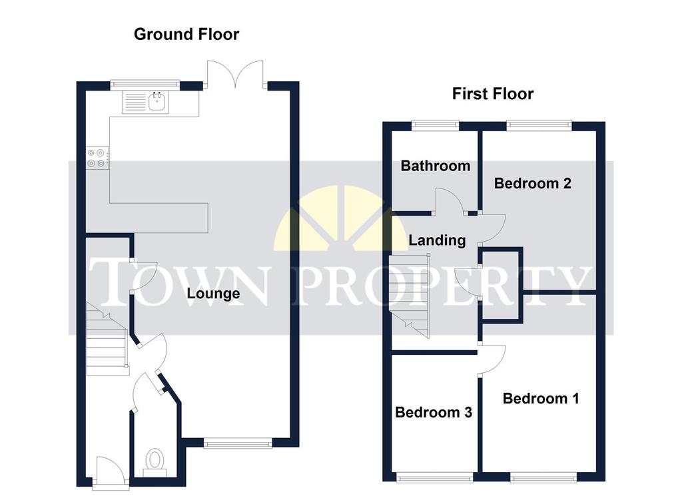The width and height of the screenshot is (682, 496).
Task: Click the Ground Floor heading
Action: [x=186, y=35]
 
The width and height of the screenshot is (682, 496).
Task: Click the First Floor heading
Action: [x=493, y=94]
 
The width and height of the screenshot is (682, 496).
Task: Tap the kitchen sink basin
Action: [x=157, y=102]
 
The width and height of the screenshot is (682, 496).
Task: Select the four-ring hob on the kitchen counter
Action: [x=97, y=158]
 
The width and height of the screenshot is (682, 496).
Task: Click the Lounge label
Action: [x=213, y=294]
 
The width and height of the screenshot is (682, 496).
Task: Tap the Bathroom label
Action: [x=436, y=166]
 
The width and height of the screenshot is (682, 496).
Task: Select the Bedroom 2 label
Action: [x=532, y=184]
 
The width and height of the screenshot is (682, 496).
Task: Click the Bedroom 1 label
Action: [x=541, y=399]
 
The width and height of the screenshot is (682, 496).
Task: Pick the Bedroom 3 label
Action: [x=434, y=412]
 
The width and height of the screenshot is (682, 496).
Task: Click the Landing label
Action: [x=437, y=240]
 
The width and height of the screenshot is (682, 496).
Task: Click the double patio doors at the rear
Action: [x=235, y=74]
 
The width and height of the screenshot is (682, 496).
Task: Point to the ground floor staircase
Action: [x=107, y=339]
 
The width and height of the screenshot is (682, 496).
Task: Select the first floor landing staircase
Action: [x=409, y=296]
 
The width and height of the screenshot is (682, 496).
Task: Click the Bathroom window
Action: [x=436, y=125]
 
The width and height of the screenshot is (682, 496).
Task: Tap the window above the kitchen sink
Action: [x=145, y=85]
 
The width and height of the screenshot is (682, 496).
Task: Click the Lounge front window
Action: [x=238, y=443]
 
